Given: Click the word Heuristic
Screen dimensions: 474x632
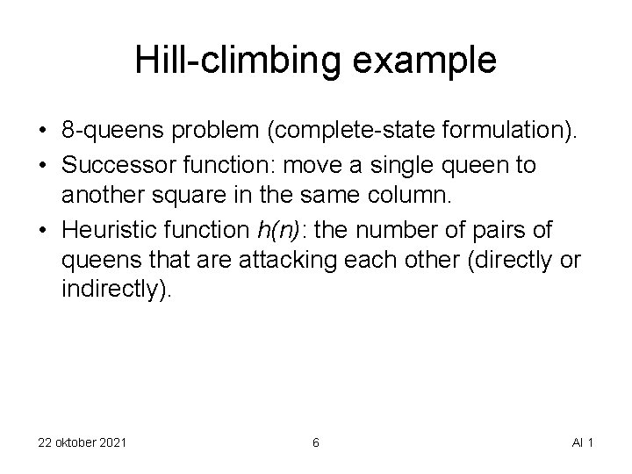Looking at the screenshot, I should tap(106, 233).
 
